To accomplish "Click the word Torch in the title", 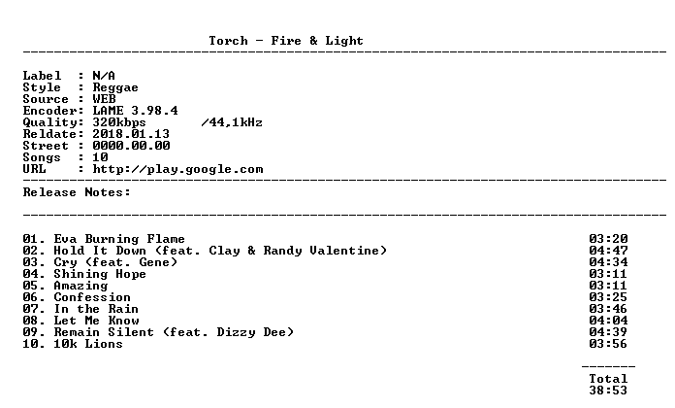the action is tap(228, 41).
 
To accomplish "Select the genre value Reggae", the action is tap(115, 87).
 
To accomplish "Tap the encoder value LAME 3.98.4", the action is tap(135, 111).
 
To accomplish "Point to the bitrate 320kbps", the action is tap(119, 123).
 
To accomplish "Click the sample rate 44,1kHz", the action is tap(236, 123).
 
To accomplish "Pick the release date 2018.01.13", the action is tap(131, 134).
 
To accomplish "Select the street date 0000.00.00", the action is tap(131, 146).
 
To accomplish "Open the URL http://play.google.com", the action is tap(177, 169).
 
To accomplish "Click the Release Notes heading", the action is tap(77, 192).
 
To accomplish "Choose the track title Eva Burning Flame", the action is tap(119, 239).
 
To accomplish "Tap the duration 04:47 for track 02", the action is tap(608, 251).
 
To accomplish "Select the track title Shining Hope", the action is tap(100, 274).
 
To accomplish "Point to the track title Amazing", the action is tap(80, 286).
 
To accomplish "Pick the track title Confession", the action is tap(92, 297).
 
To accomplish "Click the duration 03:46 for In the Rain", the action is tap(608, 309).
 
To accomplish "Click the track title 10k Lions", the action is tap(88, 344).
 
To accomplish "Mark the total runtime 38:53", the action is tap(608, 391).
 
